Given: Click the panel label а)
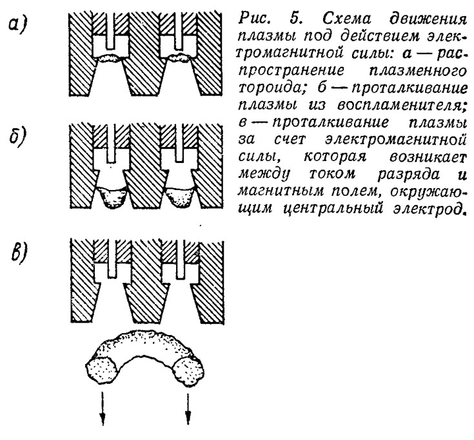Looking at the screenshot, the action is tap(17, 24).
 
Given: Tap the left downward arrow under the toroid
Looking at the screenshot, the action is tap(103, 408).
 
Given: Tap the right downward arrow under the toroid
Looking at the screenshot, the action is tap(188, 408).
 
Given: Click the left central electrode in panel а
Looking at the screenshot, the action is tap(111, 30).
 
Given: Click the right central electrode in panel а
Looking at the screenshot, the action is tap(179, 30).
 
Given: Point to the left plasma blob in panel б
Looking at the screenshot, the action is tap(111, 197).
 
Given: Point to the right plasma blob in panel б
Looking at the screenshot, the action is tap(180, 197).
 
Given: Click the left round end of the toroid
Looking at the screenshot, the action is tap(102, 370).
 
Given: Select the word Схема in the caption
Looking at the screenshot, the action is tap(347, 19).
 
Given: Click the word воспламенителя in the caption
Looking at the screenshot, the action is tap(402, 105).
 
